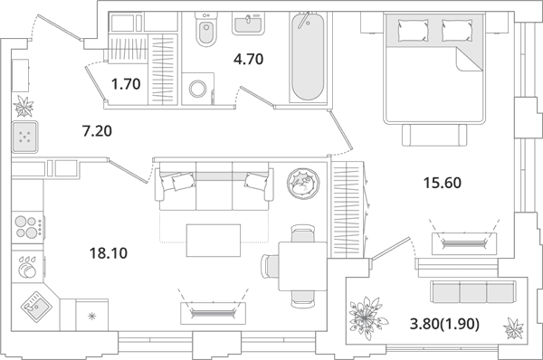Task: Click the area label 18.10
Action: pos(109,253)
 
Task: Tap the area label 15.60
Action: pos(443,183)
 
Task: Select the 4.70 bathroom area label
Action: pos(249,59)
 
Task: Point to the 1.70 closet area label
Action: pos(126,84)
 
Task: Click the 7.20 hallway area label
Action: pos(98,131)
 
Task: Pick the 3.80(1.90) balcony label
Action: pos(445,325)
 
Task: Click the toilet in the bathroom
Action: pos(206,29)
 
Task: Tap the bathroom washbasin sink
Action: pos(248,24)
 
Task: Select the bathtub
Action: pos(308,57)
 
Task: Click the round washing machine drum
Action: pos(197,89)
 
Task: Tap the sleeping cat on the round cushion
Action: pos(303,184)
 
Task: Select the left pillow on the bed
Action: pos(414,30)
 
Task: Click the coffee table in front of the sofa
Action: pos(214,241)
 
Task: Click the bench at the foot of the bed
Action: pos(434,135)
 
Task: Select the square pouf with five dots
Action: pos(24,137)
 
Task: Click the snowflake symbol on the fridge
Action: pos(91,316)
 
